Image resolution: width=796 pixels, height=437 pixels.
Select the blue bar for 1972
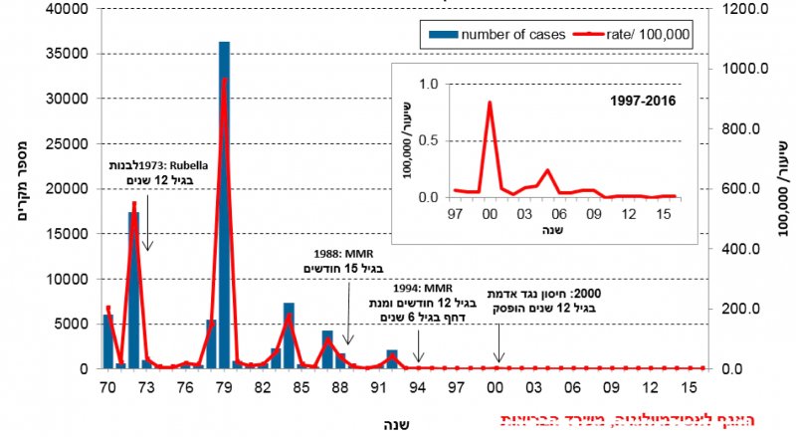(x=133, y=289)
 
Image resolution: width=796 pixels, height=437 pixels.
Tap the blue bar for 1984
(x=289, y=335)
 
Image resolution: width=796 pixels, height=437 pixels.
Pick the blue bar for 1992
(x=392, y=359)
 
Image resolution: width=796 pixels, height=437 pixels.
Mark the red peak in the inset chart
(x=489, y=103)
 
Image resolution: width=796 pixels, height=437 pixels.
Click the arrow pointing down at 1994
(x=419, y=351)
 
